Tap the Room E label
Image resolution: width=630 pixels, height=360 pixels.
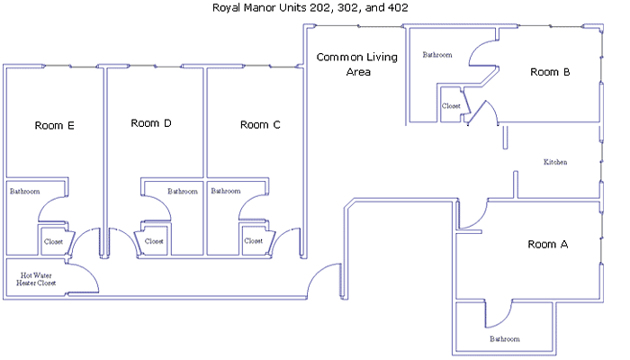[x=55, y=126]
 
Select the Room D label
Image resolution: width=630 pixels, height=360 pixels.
[x=151, y=123]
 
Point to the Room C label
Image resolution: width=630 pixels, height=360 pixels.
[x=260, y=125]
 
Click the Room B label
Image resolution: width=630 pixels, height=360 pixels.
[x=550, y=72]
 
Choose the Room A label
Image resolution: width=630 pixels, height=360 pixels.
[x=548, y=244]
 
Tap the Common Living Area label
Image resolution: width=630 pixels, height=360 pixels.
[x=357, y=64]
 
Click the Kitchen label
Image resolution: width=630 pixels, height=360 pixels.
[x=555, y=162]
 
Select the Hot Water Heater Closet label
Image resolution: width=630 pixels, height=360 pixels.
[x=36, y=279]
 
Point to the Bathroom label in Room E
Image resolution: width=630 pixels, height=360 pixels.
[x=25, y=191]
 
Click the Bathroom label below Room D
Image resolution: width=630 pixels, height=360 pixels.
[x=183, y=191]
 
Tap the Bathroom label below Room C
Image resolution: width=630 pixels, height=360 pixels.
[x=226, y=191]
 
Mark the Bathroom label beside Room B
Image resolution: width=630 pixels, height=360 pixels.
[x=437, y=55]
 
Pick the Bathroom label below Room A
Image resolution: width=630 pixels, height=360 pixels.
[x=505, y=339]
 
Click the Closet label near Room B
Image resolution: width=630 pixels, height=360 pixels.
[x=451, y=106]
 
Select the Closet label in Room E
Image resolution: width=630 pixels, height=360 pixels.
[x=53, y=241]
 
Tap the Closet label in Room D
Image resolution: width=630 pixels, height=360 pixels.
[x=154, y=241]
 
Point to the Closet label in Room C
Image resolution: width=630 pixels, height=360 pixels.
[x=254, y=240]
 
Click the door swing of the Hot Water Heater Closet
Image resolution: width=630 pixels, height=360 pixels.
[x=91, y=273]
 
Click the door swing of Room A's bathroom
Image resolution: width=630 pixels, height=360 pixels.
[x=507, y=319]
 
